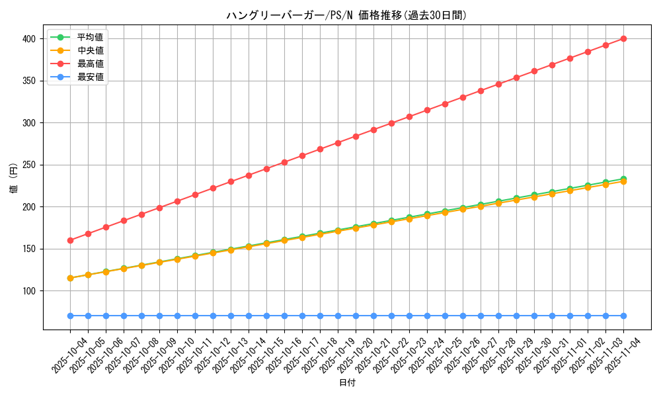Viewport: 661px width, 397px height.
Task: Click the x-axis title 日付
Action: pyautogui.click(x=347, y=383)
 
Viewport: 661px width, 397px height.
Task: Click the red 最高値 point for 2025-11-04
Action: pyautogui.click(x=623, y=39)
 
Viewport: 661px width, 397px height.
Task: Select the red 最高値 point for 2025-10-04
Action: pyautogui.click(x=70, y=240)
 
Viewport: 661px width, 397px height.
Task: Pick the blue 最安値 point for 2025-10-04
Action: pyautogui.click(x=70, y=316)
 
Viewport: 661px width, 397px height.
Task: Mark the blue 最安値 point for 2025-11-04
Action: pyautogui.click(x=623, y=316)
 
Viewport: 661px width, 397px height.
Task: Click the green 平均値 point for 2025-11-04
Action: pyautogui.click(x=623, y=179)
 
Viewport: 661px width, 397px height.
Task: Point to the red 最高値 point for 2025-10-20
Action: pyautogui.click(x=356, y=136)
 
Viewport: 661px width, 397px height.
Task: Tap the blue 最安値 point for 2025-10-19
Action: pyautogui.click(x=338, y=316)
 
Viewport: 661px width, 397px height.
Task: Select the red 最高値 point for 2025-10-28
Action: pyautogui.click(x=498, y=84)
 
